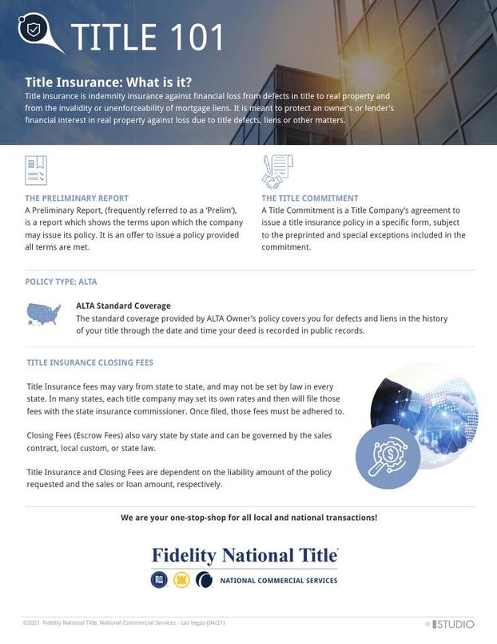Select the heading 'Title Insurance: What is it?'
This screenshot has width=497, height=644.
point(108,82)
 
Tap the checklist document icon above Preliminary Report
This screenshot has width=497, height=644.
point(37,170)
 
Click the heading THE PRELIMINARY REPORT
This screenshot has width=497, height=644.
point(77,198)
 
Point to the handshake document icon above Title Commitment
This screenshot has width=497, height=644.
point(277,170)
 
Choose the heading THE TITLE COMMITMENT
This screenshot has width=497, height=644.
point(310,198)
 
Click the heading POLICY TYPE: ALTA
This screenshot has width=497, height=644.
point(61,282)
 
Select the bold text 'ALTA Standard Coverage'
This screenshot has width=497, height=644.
point(123,306)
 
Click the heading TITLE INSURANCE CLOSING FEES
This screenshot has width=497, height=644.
point(89,362)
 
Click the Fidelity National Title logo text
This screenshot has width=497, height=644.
point(245,555)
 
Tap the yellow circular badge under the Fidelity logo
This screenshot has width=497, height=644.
point(181,580)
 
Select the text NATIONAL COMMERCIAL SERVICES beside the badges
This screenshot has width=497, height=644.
point(278,581)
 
